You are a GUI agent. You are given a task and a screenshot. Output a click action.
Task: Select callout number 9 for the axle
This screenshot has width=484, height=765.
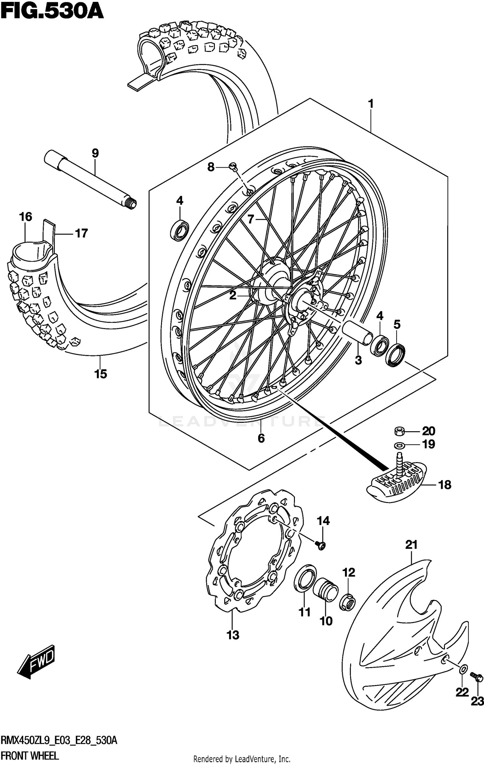click(95, 153)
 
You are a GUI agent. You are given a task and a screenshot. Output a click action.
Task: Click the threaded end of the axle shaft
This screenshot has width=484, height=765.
click(132, 204)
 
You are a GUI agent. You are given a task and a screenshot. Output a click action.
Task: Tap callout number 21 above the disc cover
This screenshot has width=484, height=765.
click(411, 545)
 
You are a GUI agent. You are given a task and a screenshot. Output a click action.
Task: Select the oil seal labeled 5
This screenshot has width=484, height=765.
click(395, 355)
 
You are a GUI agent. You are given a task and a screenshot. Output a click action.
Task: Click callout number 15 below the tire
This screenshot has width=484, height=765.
click(101, 374)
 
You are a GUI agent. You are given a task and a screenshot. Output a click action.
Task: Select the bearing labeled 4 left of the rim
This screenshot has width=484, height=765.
click(180, 230)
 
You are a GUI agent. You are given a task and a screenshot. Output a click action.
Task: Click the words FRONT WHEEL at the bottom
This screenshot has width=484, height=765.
click(30, 755)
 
